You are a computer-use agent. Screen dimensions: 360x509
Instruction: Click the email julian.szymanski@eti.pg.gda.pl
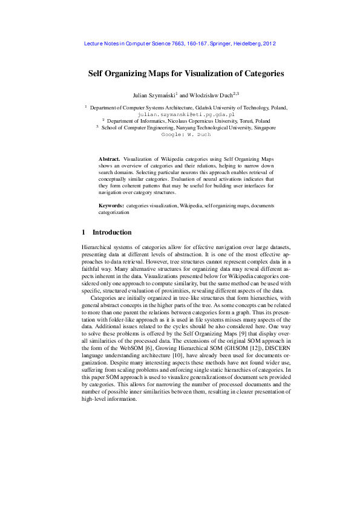(x=186, y=114)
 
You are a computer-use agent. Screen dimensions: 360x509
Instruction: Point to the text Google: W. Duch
(x=185, y=135)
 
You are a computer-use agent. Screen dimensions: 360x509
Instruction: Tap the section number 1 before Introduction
(x=83, y=232)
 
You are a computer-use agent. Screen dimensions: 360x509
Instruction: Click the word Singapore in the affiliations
(x=260, y=128)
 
